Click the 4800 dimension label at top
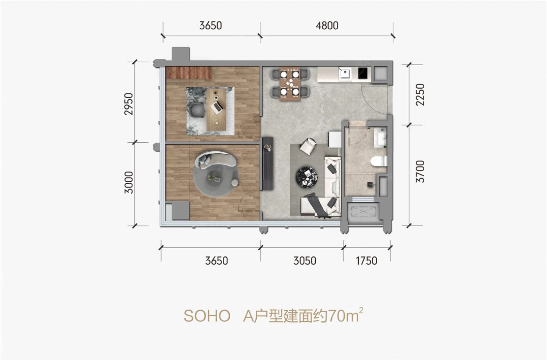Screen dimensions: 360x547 [x=327, y=26]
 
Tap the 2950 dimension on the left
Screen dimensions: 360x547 [x=129, y=104]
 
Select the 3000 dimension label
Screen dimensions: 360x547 [x=129, y=182]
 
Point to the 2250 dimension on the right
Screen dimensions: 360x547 [x=420, y=95]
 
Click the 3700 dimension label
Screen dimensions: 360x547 [x=420, y=172]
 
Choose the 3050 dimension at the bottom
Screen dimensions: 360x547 [x=305, y=260]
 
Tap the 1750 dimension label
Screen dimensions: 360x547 [x=366, y=260]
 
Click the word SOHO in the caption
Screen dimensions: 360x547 [x=207, y=316]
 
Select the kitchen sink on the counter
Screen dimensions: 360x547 [x=345, y=73]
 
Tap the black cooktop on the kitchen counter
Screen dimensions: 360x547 [x=363, y=73]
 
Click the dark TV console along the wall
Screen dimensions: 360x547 [x=268, y=163]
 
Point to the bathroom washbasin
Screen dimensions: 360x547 [x=380, y=138]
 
